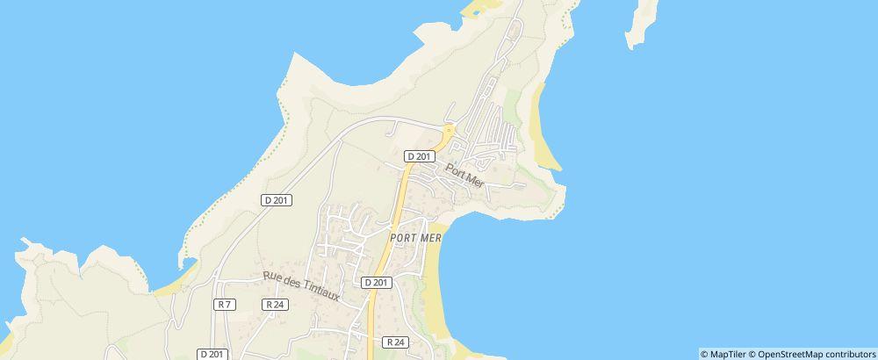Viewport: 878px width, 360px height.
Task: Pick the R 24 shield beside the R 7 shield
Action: [x=274, y=304]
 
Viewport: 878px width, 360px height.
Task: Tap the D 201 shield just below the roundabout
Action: [x=420, y=155]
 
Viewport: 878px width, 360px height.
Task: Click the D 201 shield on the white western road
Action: [x=277, y=199]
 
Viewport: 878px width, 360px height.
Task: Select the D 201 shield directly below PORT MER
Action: [x=376, y=282]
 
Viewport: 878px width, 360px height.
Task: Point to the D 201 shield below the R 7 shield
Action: [x=212, y=354]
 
